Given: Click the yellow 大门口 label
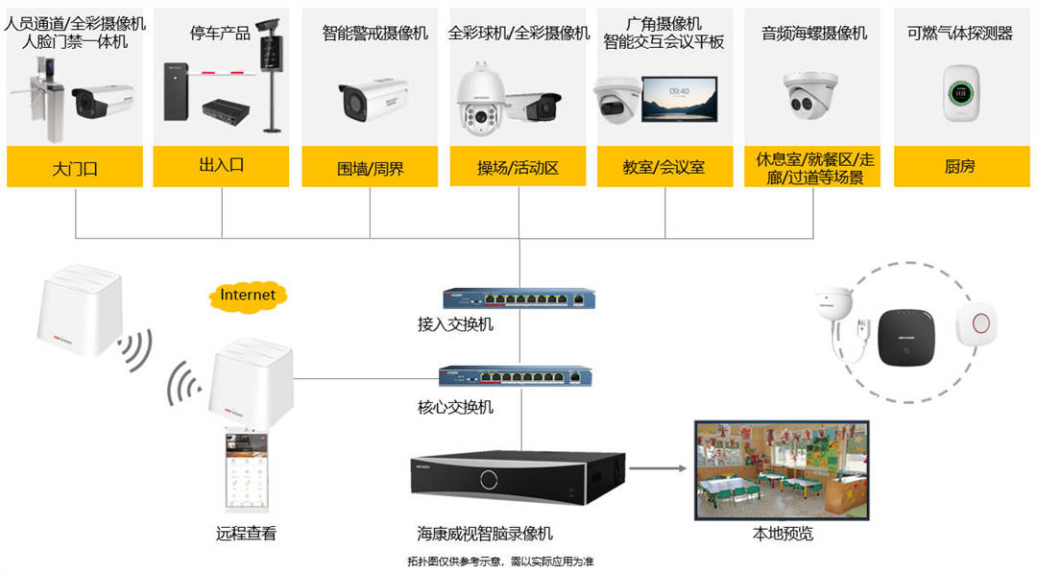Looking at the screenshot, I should point(75,167).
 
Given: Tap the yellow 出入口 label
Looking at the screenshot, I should point(222,165).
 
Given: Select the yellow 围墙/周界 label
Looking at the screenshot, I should point(370,167).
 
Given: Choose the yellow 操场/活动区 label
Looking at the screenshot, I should point(518,167).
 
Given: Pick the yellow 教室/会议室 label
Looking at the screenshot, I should point(664,167).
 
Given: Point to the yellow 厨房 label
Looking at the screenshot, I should point(959,167).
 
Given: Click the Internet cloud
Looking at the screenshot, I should point(248,295).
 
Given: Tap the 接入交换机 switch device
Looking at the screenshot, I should point(518,298).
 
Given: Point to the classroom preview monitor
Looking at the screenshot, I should point(781,469).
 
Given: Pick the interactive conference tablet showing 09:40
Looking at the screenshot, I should point(680,97).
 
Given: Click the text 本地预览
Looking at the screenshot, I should point(783,534).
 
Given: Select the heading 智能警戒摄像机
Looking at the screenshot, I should point(375,34).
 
